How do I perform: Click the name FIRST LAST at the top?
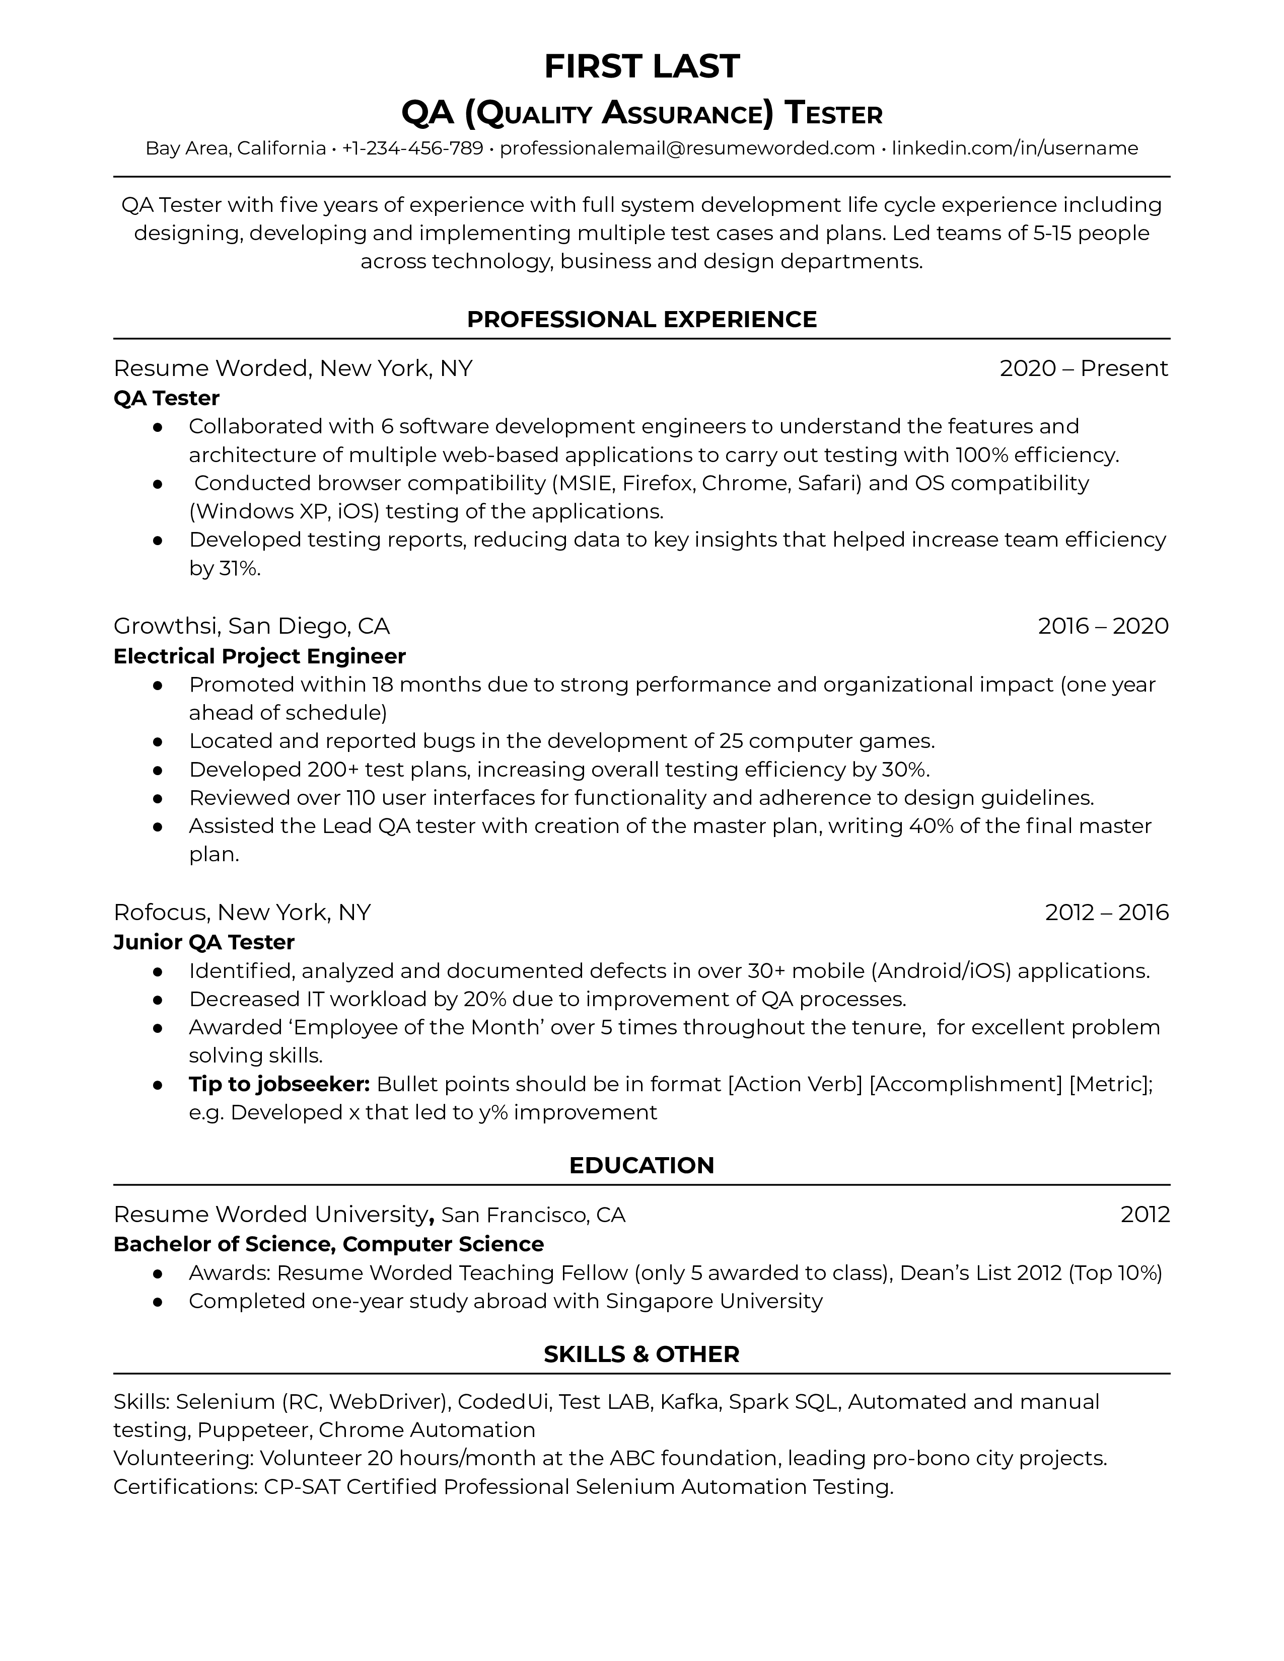click(x=641, y=67)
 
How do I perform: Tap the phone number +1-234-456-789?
click(x=412, y=148)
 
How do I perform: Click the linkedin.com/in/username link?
click(x=1015, y=148)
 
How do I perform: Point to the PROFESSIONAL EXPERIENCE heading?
click(x=641, y=320)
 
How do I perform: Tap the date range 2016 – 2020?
click(x=1102, y=626)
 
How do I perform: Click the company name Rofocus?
click(x=161, y=912)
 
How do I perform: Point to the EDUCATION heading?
click(x=641, y=1165)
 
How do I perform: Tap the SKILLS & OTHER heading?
click(x=641, y=1354)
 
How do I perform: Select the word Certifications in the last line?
click(x=183, y=1487)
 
